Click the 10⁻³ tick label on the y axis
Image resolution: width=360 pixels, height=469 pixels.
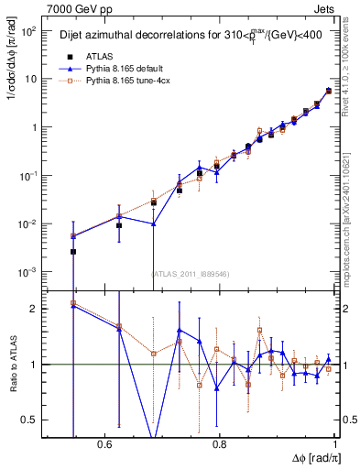click(27, 272)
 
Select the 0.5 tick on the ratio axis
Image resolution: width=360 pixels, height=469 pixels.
click(29, 420)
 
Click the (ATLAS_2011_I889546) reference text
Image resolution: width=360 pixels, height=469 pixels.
click(191, 273)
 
